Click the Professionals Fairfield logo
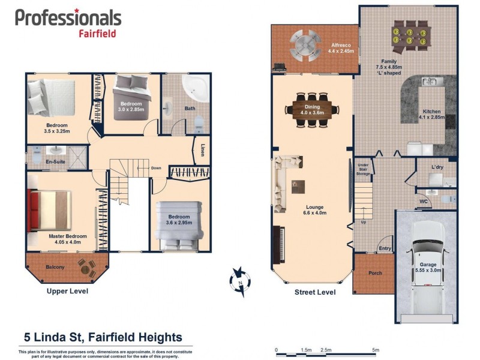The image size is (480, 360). (x=68, y=22)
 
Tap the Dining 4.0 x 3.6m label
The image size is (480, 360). (x=312, y=109)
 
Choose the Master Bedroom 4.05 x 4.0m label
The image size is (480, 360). (x=67, y=239)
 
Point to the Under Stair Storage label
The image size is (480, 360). (x=362, y=169)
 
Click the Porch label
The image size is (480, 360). (x=375, y=273)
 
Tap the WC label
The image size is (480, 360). (x=423, y=202)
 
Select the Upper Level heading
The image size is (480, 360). (x=68, y=291)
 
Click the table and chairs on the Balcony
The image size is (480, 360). (x=86, y=269)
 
